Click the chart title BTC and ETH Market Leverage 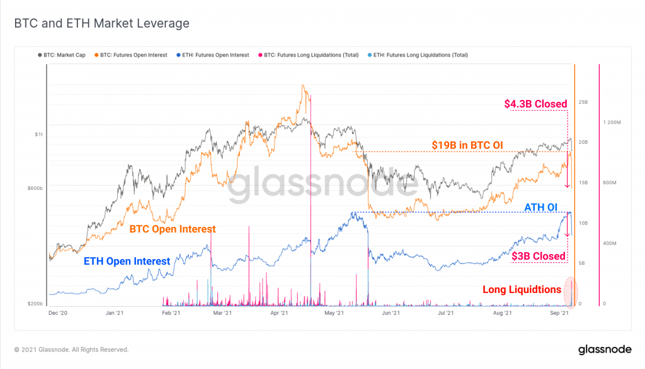point(101,24)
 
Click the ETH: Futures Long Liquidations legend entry point(418,55)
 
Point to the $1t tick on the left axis point(40,135)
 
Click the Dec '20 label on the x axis point(58,312)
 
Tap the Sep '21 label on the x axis point(561,312)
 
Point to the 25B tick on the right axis point(583,102)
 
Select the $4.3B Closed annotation point(535,104)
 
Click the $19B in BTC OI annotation point(467,145)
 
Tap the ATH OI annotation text point(540,207)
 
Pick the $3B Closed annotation point(539,256)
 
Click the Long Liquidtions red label point(522,290)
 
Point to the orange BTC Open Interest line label point(173,229)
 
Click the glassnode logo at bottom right point(603,349)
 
